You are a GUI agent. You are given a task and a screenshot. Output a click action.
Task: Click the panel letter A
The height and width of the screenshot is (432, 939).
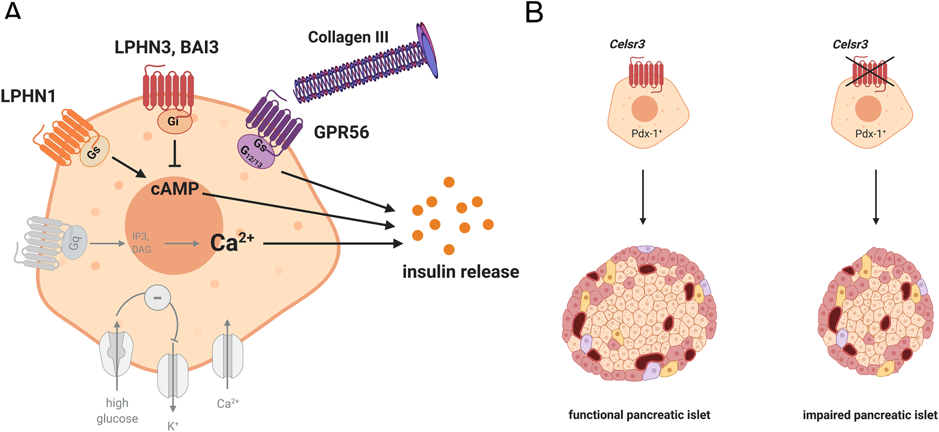coord(13,11)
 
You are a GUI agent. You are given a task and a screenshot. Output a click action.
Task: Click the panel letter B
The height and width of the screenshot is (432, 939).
coord(535,13)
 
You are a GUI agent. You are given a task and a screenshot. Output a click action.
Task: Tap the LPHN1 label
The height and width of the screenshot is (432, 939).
coord(28,96)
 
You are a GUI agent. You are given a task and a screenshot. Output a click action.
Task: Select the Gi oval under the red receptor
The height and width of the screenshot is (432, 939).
coord(174,122)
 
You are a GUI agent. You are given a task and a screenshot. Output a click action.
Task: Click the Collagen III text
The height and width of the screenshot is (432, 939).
coord(348,37)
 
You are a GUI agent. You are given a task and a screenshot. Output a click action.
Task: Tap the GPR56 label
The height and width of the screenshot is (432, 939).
coord(341,132)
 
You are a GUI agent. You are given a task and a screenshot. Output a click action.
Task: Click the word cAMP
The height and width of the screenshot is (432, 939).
coord(174,189)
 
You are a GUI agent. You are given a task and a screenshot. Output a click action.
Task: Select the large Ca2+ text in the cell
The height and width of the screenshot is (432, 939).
coord(232,242)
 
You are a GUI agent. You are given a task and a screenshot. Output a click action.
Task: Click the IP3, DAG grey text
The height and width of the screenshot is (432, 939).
coord(141,243)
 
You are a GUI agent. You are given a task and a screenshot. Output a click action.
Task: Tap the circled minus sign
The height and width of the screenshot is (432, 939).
coord(158,298)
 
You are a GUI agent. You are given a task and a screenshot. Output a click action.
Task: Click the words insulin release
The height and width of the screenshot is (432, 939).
coord(461,272)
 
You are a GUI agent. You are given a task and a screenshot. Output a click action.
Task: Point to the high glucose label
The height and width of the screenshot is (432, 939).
coord(117,410)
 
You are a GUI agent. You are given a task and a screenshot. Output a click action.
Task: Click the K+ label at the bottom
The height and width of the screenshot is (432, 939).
coord(173,426)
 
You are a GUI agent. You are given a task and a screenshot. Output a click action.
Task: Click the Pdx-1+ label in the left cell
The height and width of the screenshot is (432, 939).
coord(647,134)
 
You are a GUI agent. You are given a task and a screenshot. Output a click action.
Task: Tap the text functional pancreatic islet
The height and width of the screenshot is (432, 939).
coord(639,415)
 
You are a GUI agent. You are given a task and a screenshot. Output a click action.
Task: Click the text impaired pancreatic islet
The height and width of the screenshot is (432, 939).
coord(870,415)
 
